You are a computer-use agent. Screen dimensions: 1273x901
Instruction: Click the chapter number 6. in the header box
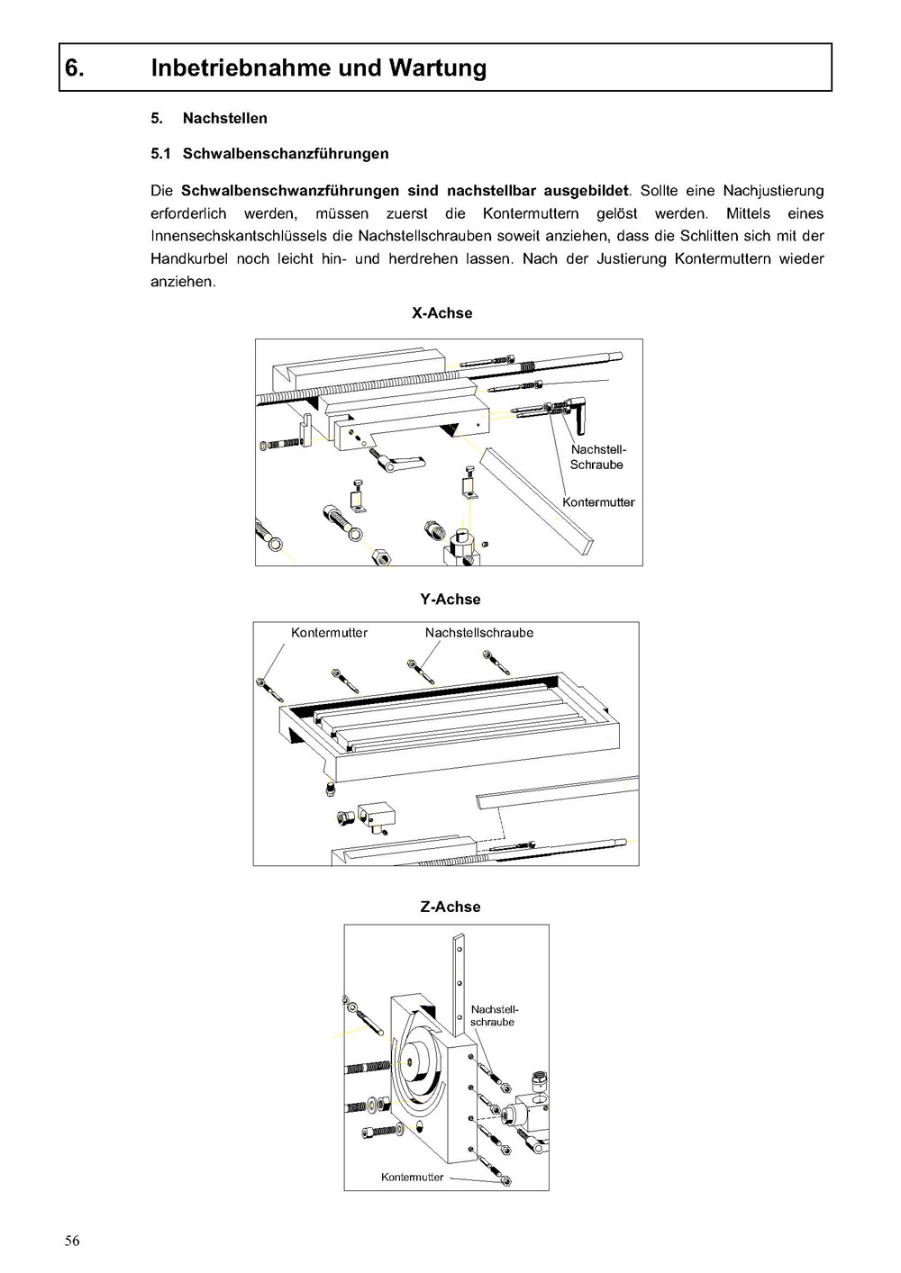point(75,68)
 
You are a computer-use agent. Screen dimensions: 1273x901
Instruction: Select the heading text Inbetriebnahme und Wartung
point(319,68)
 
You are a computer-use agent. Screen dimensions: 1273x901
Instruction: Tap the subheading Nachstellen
point(224,118)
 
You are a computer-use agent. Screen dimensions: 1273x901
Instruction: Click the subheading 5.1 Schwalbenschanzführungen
point(269,153)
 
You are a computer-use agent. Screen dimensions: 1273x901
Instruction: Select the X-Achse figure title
point(441,313)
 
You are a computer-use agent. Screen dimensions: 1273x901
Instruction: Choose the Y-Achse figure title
point(450,600)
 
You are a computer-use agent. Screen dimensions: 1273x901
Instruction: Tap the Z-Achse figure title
point(450,907)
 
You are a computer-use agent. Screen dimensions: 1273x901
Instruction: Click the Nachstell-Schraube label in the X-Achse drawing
point(597,457)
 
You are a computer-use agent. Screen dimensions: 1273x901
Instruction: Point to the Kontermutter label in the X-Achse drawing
point(598,502)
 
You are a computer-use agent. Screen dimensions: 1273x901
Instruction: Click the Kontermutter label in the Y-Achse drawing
point(329,633)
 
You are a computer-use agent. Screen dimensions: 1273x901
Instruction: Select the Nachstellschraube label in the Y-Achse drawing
point(478,633)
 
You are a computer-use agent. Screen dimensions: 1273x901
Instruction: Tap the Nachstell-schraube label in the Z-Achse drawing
point(494,1016)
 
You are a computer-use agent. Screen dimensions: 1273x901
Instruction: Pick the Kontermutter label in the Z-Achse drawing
point(412,1178)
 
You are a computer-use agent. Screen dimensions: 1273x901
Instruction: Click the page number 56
point(72,1241)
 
